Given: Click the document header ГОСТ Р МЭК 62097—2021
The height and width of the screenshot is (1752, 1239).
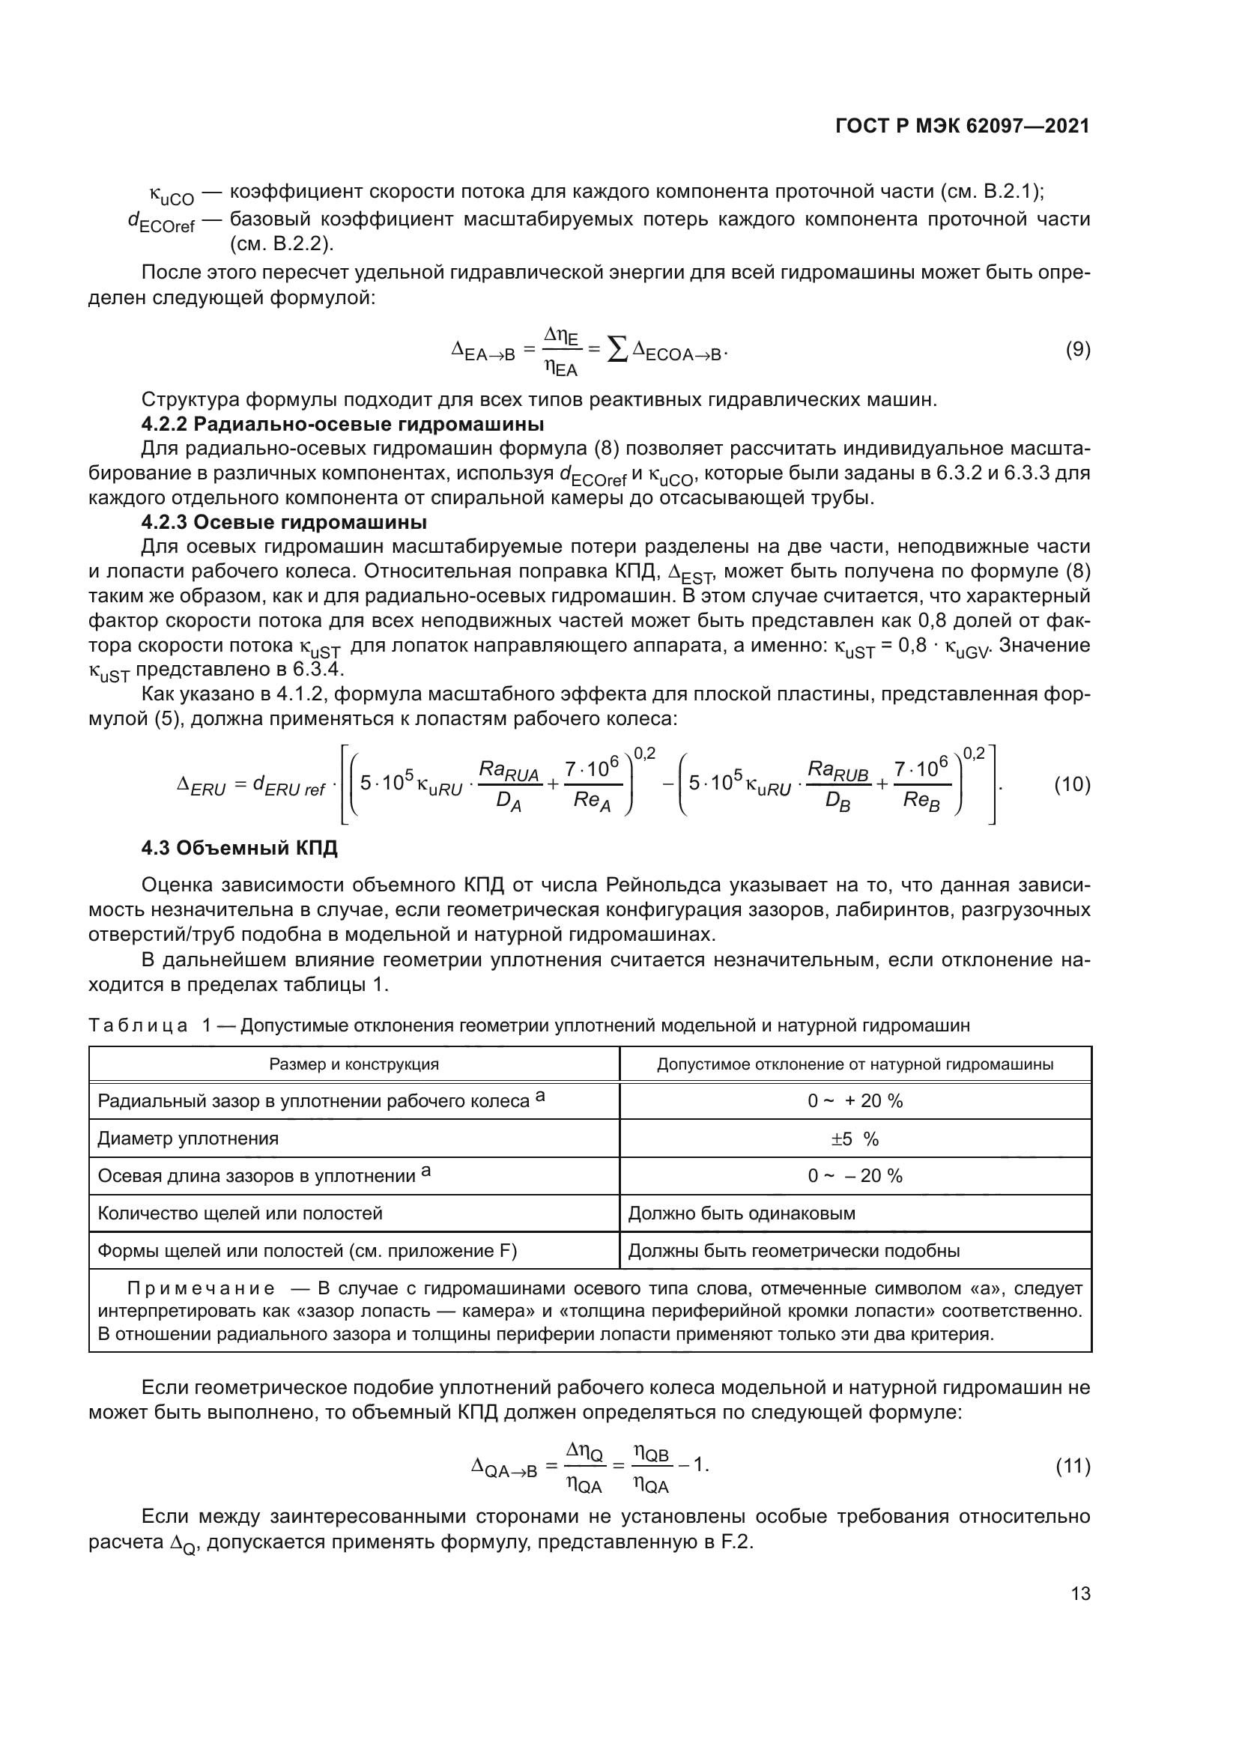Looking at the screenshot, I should [x=962, y=127].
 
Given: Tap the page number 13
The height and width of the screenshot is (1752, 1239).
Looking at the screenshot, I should [x=1080, y=1593].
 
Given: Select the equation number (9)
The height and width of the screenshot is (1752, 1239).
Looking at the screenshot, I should [x=1077, y=351].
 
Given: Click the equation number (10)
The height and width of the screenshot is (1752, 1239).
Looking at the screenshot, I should [x=1072, y=784].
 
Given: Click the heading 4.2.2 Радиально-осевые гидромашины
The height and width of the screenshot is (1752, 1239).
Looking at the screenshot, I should [x=342, y=423].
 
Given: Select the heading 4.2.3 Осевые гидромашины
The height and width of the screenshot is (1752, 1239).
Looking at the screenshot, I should [x=284, y=523].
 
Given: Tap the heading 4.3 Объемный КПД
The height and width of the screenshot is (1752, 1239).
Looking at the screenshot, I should [x=240, y=849].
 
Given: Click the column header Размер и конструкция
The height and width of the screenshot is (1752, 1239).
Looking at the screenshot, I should [x=354, y=1064].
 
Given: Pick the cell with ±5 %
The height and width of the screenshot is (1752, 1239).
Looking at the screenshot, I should [x=855, y=1139].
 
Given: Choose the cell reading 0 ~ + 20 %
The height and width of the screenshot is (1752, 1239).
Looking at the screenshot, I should [x=855, y=1101].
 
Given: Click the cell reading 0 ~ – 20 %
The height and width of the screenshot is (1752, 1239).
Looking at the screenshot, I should [x=855, y=1176].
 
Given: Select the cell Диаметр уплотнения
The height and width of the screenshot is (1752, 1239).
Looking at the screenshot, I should [x=189, y=1139].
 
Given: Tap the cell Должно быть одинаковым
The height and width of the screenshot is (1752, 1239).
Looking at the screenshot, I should [x=741, y=1213].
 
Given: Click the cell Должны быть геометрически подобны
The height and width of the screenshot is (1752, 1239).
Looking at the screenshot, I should [x=793, y=1251].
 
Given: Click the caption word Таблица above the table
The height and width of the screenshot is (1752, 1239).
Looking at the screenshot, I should [x=138, y=1025].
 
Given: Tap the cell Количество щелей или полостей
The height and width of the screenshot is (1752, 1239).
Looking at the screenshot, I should [x=240, y=1213].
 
